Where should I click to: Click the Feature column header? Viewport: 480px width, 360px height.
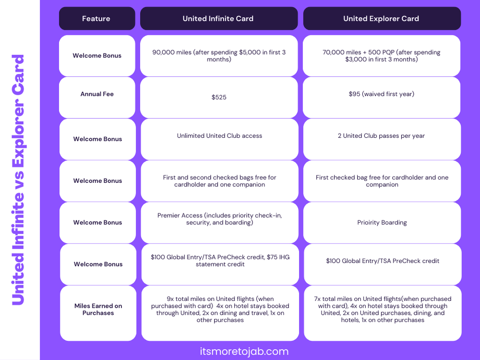[96, 19]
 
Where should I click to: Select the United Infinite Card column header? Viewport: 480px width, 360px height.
[218, 19]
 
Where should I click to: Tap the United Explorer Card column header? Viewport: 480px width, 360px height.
[381, 19]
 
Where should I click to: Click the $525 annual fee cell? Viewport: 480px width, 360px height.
[219, 97]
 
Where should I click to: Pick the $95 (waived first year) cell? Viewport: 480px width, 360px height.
[382, 94]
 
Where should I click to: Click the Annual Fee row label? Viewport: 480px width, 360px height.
[97, 94]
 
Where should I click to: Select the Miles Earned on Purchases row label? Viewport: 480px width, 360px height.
[98, 310]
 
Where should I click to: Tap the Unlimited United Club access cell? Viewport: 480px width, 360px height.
[219, 136]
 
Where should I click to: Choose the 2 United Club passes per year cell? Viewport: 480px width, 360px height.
[382, 136]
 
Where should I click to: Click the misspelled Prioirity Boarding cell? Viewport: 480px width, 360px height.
[382, 223]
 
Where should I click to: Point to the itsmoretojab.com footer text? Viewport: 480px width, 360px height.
[244, 351]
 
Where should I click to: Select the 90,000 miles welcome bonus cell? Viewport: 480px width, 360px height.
[219, 56]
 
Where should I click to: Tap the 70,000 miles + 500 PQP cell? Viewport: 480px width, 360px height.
[382, 56]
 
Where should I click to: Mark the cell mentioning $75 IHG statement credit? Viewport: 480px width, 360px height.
[220, 261]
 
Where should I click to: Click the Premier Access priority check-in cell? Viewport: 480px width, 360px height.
[219, 219]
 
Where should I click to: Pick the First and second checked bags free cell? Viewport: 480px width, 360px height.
[219, 181]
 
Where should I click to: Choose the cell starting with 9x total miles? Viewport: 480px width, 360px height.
[220, 310]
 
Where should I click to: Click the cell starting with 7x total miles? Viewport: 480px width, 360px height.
[382, 310]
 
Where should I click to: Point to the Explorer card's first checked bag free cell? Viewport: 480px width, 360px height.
[382, 181]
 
